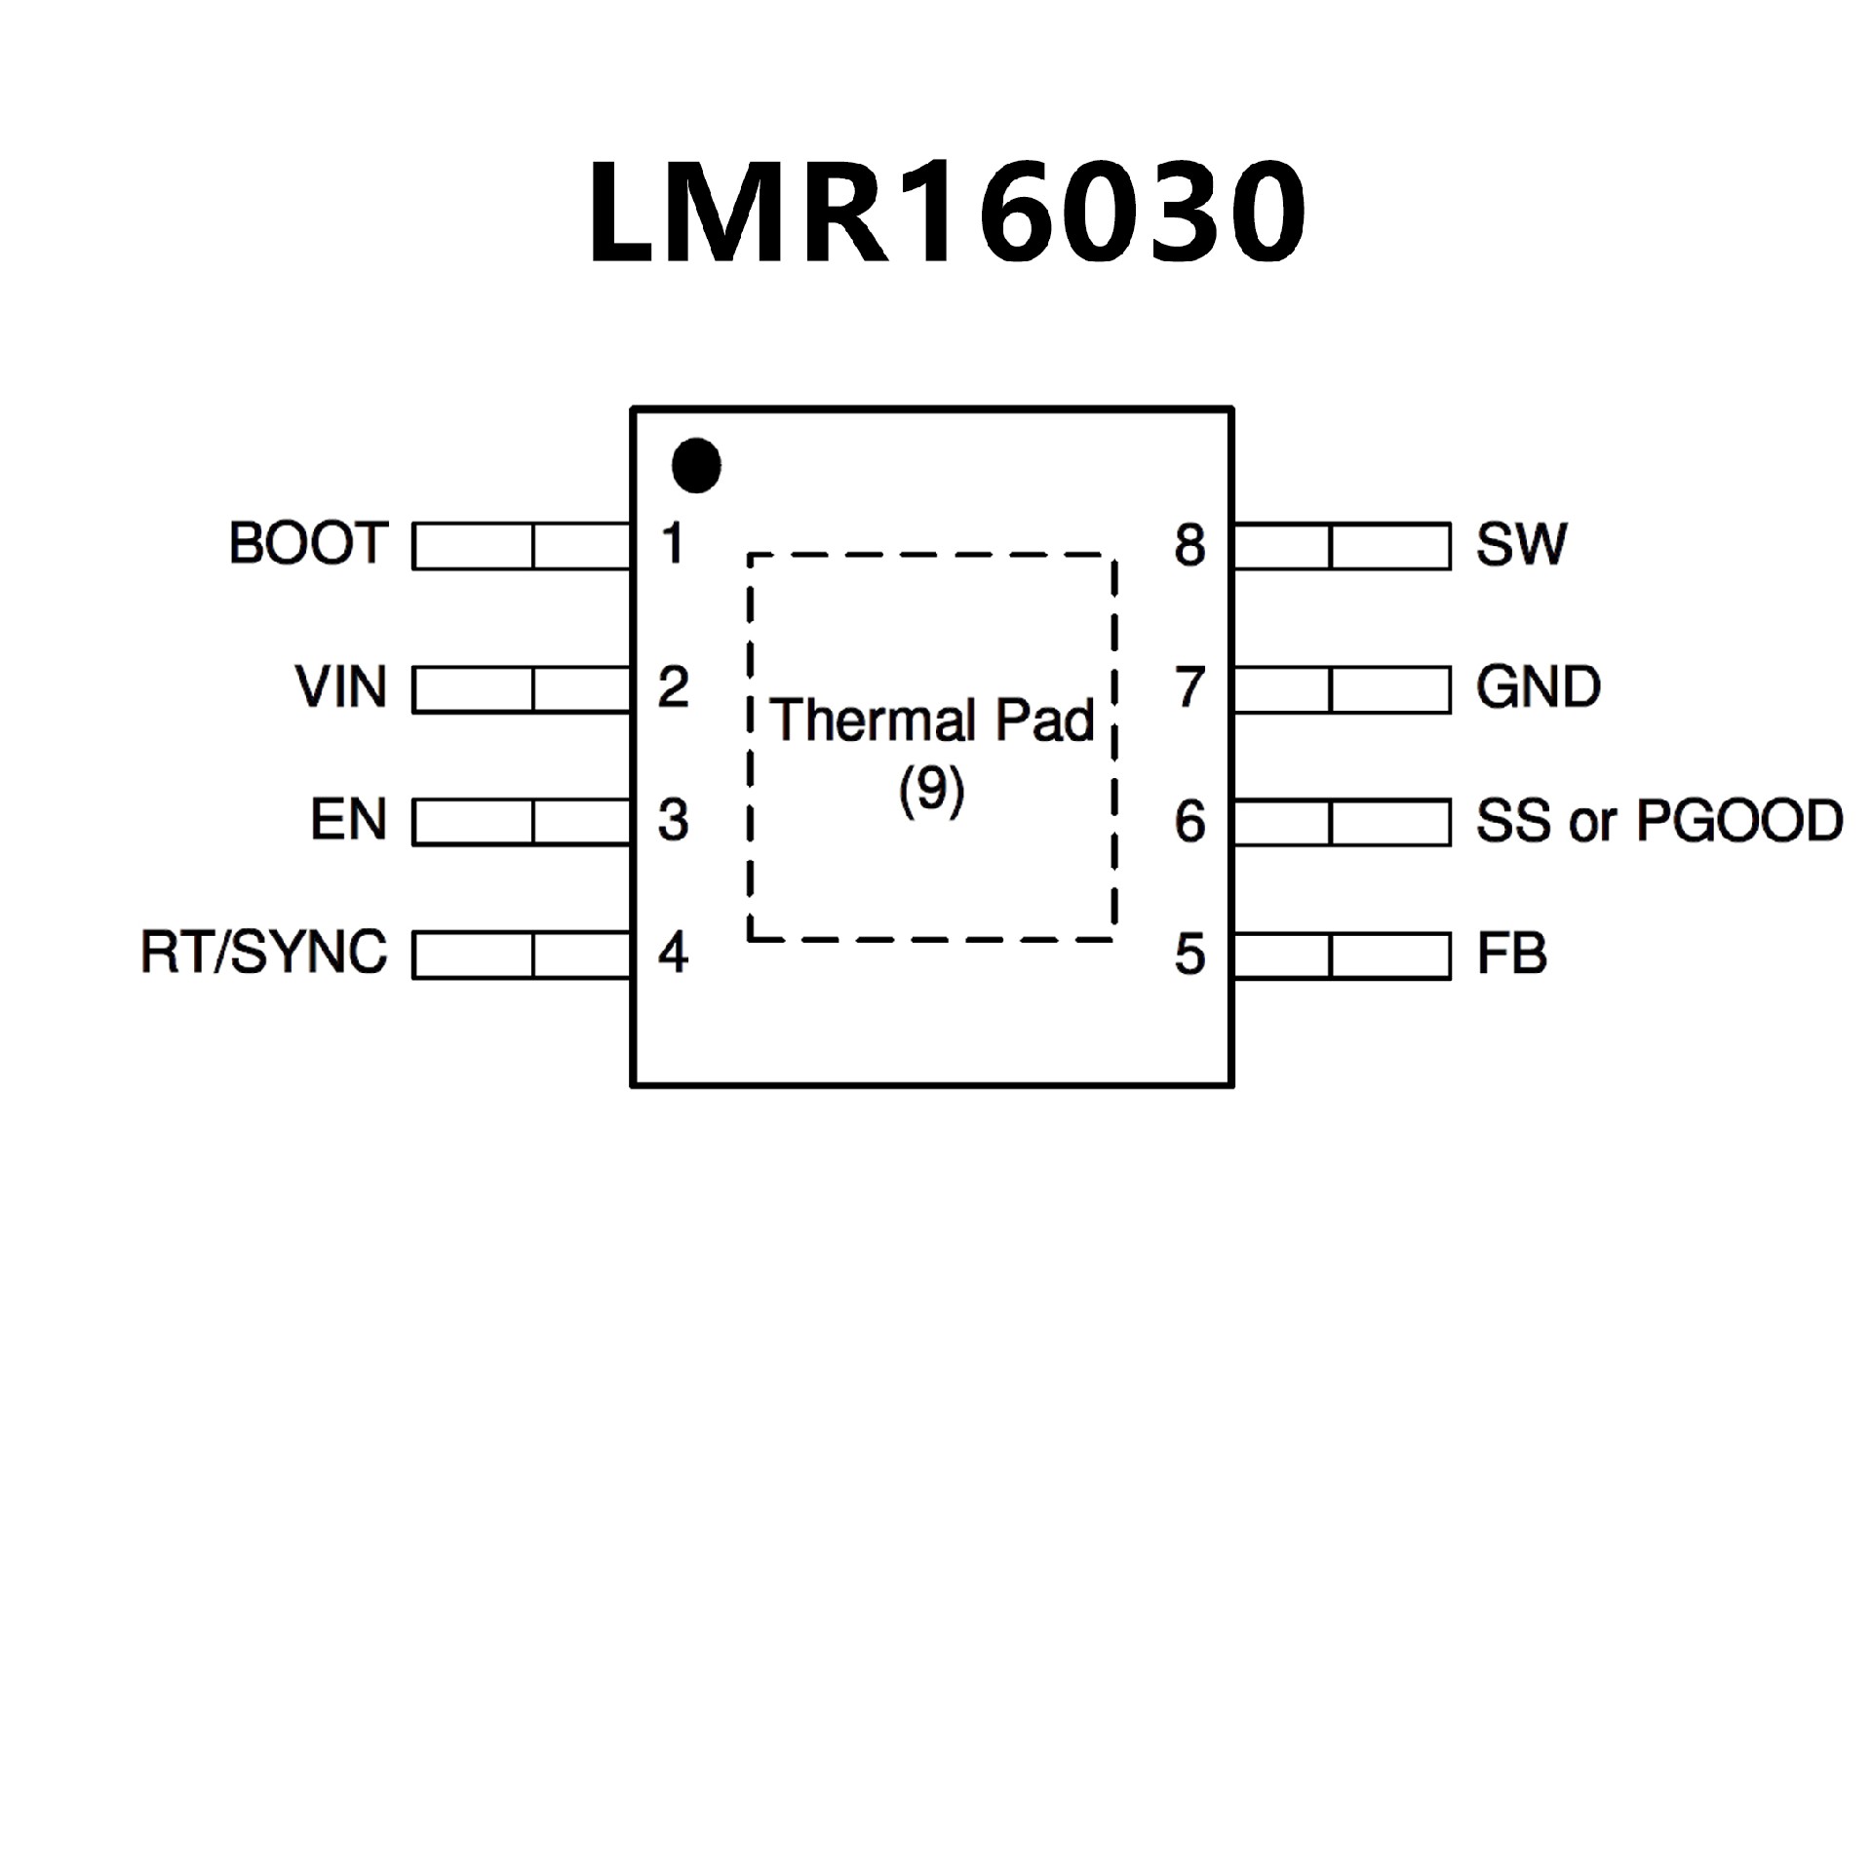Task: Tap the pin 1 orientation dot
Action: pos(696,465)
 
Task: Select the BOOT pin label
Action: pos(309,543)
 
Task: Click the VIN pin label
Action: pos(341,687)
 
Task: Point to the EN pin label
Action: pos(349,820)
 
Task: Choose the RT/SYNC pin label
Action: pos(264,953)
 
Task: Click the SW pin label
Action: pos(1521,544)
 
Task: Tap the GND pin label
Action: pos(1539,687)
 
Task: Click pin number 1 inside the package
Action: pos(673,544)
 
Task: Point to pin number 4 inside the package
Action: pos(673,953)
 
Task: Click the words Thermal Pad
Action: pos(933,721)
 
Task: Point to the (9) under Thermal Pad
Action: pos(932,790)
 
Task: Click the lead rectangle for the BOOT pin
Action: pos(522,546)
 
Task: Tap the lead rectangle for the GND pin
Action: pos(1342,689)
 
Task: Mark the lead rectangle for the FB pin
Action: pos(1342,955)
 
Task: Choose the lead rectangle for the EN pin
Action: pos(522,822)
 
